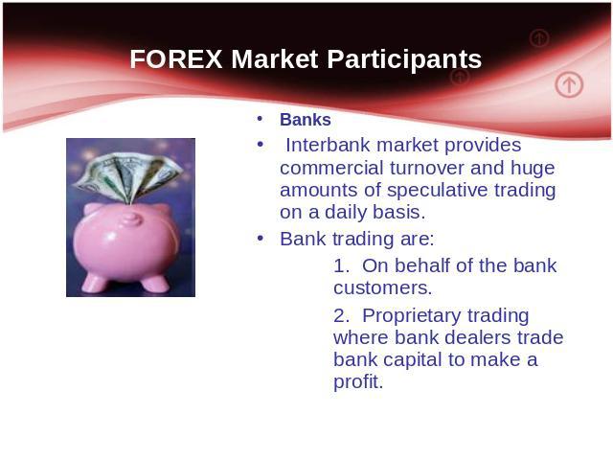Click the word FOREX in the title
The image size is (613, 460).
click(x=176, y=59)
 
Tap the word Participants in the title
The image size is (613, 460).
click(x=404, y=59)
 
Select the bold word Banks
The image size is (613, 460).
click(x=306, y=120)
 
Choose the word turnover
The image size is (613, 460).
click(x=426, y=169)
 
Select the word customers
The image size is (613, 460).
click(x=383, y=287)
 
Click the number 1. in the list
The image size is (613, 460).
click(x=341, y=266)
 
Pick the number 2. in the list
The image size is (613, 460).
click(x=341, y=315)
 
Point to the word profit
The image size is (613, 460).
click(x=358, y=381)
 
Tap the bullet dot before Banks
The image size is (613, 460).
click(x=260, y=119)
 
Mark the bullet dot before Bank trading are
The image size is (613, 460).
click(x=261, y=238)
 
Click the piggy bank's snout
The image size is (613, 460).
click(x=131, y=219)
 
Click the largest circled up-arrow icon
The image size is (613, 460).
click(x=569, y=84)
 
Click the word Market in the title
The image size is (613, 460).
click(x=275, y=59)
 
